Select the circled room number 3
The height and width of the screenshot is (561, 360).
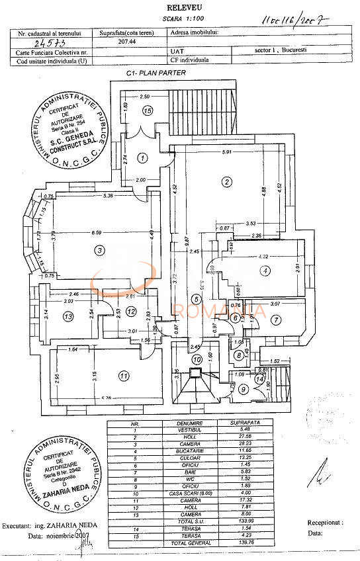[99, 249]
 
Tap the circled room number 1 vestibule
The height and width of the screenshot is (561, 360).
[142, 157]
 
